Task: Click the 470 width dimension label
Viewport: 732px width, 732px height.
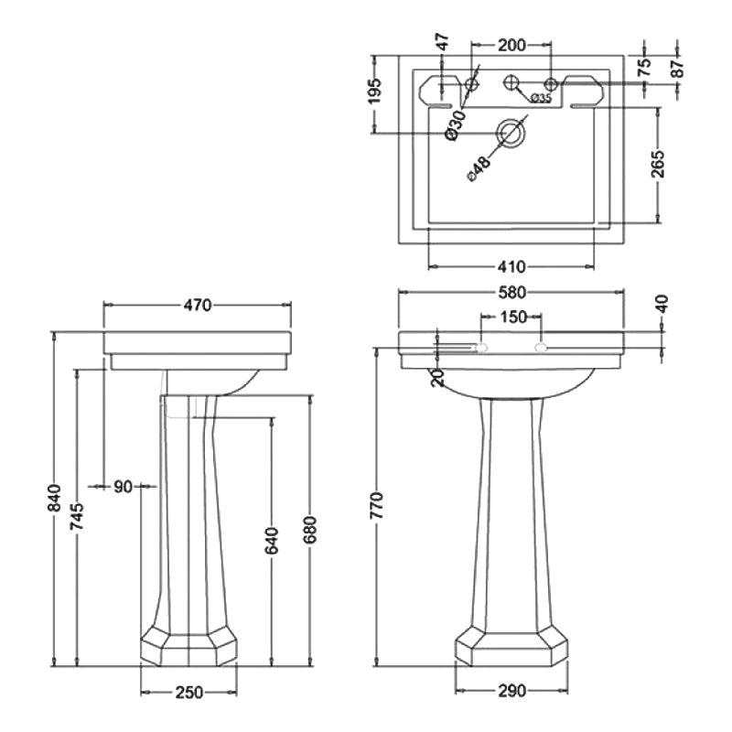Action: pos(197,306)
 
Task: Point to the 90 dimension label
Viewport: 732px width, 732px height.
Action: pos(123,487)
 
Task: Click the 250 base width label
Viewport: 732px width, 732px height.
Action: pos(188,693)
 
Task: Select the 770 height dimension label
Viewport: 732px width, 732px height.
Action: pos(376,506)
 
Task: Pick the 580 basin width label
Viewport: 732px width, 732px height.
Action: pos(511,294)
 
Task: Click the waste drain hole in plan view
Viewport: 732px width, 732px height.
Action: pos(510,134)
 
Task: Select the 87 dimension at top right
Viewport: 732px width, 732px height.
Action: pos(678,66)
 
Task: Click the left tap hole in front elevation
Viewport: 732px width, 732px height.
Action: pos(482,348)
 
